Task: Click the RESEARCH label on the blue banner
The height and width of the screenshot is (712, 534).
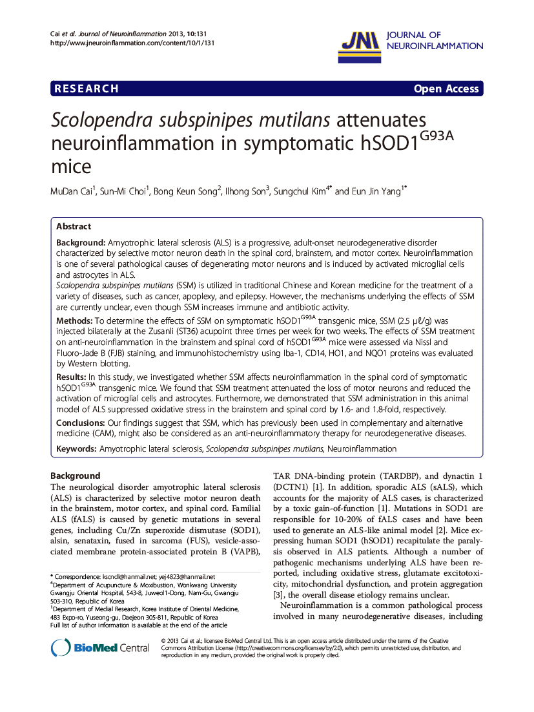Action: pyautogui.click(x=87, y=89)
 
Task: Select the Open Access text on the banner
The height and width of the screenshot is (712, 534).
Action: pyautogui.click(x=446, y=89)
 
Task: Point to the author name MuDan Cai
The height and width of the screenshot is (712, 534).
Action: pyautogui.click(x=72, y=191)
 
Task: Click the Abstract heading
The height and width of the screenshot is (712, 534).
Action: pyautogui.click(x=74, y=227)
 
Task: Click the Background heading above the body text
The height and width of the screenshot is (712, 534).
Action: pyautogui.click(x=76, y=476)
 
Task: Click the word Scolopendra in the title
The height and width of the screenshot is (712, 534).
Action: pyautogui.click(x=103, y=121)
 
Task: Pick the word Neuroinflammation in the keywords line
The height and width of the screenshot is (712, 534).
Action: pyautogui.click(x=362, y=448)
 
